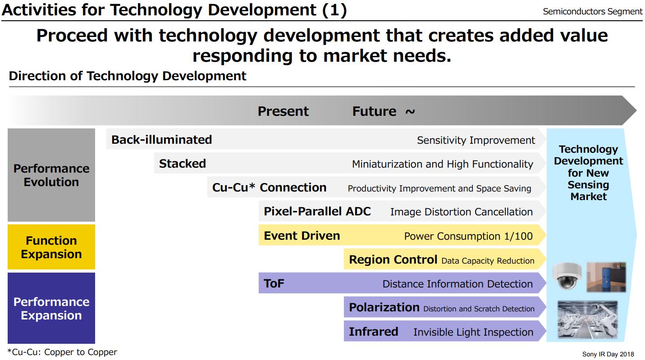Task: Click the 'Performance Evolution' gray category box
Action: [51, 175]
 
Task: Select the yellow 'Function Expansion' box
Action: [51, 247]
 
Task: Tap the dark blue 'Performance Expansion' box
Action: [51, 309]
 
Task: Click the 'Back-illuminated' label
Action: [161, 140]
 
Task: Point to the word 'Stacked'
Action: [182, 164]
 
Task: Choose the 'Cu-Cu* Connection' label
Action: [269, 187]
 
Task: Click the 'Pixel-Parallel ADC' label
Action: [317, 212]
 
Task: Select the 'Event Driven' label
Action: [302, 236]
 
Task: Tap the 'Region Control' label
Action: [393, 260]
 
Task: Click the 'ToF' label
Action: [274, 284]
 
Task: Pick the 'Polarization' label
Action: [384, 308]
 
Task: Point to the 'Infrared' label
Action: [373, 332]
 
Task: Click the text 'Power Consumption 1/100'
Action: [468, 236]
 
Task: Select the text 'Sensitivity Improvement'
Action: [476, 140]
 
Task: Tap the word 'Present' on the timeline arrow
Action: [283, 111]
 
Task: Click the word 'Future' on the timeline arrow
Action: [374, 111]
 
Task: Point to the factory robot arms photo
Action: [588, 319]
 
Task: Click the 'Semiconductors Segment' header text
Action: [592, 12]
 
